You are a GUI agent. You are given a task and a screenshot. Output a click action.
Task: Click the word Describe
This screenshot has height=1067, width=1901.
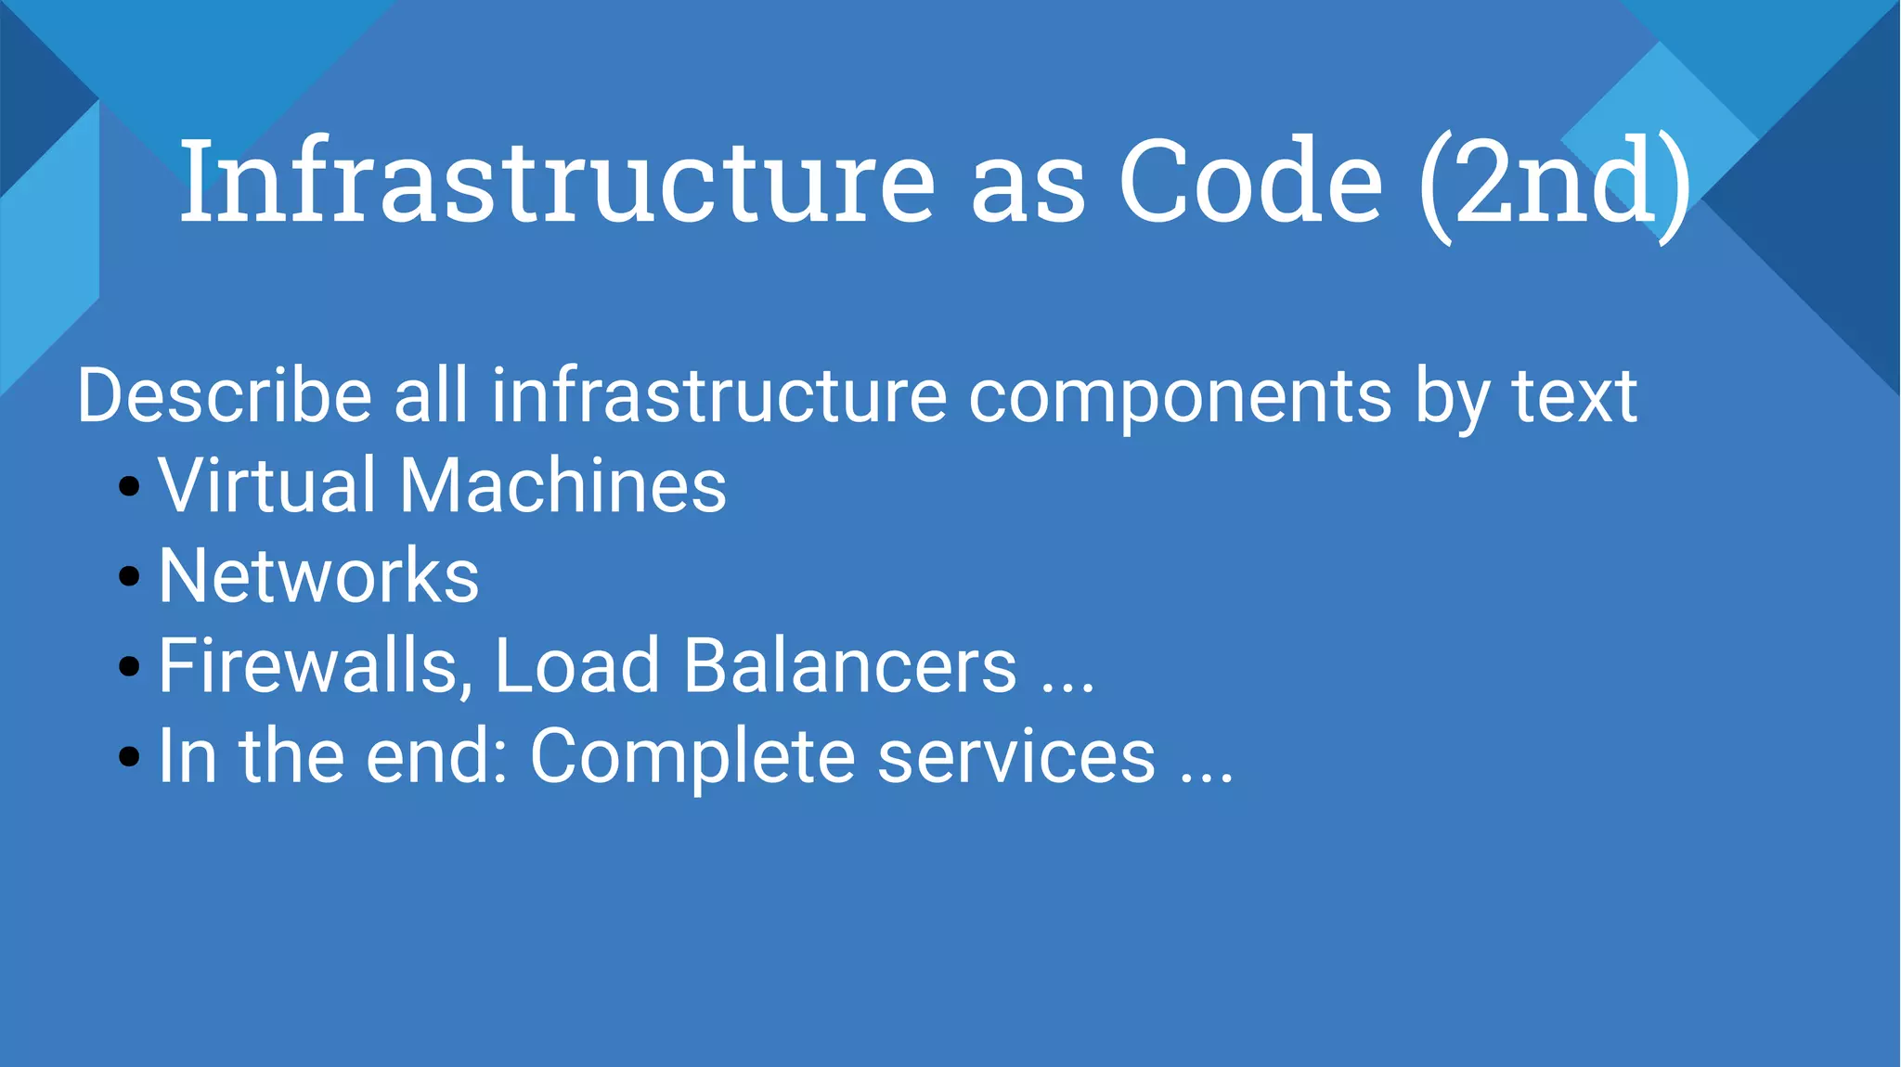coord(224,396)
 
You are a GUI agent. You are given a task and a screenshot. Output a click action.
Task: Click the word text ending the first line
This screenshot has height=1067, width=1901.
coord(1574,396)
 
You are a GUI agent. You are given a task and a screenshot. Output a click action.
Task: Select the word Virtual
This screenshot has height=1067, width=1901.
coord(266,485)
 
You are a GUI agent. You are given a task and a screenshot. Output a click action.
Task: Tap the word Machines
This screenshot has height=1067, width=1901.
coord(563,485)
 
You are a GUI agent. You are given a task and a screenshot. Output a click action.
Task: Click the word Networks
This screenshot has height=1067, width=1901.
coord(318,575)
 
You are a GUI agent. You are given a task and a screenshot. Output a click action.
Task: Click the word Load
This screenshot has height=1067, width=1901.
coord(576,666)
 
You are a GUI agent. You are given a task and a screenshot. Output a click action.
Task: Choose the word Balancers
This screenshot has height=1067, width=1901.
coord(850,666)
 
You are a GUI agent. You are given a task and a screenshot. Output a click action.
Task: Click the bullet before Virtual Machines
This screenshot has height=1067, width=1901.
coord(130,486)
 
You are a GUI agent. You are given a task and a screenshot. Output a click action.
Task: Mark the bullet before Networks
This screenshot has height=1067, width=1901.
coord(130,576)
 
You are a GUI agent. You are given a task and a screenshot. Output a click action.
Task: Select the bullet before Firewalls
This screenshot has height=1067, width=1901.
coord(130,666)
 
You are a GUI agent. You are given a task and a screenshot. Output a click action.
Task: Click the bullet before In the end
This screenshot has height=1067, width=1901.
coord(130,756)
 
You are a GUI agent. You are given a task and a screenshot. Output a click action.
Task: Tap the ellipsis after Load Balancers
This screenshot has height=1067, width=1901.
coord(1067,688)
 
